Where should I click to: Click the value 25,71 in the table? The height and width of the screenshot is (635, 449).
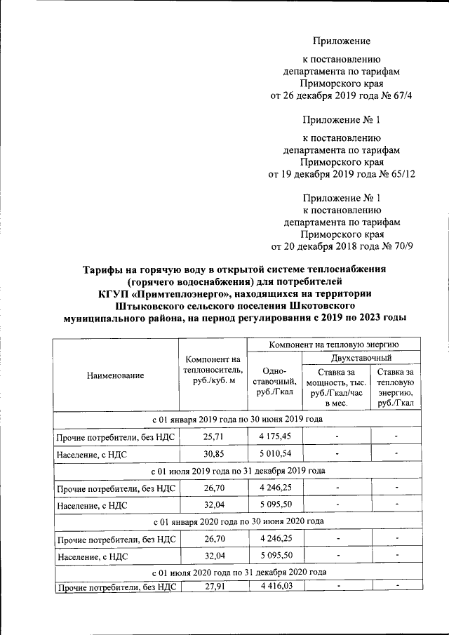[213, 439]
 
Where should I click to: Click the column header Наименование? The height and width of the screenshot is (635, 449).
[115, 375]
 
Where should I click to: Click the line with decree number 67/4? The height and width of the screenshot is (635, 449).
[342, 95]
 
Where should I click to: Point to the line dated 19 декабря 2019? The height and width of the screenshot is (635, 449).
[342, 173]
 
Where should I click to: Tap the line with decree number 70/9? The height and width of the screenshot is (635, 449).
[342, 246]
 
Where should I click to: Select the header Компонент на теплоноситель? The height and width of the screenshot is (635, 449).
[213, 370]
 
